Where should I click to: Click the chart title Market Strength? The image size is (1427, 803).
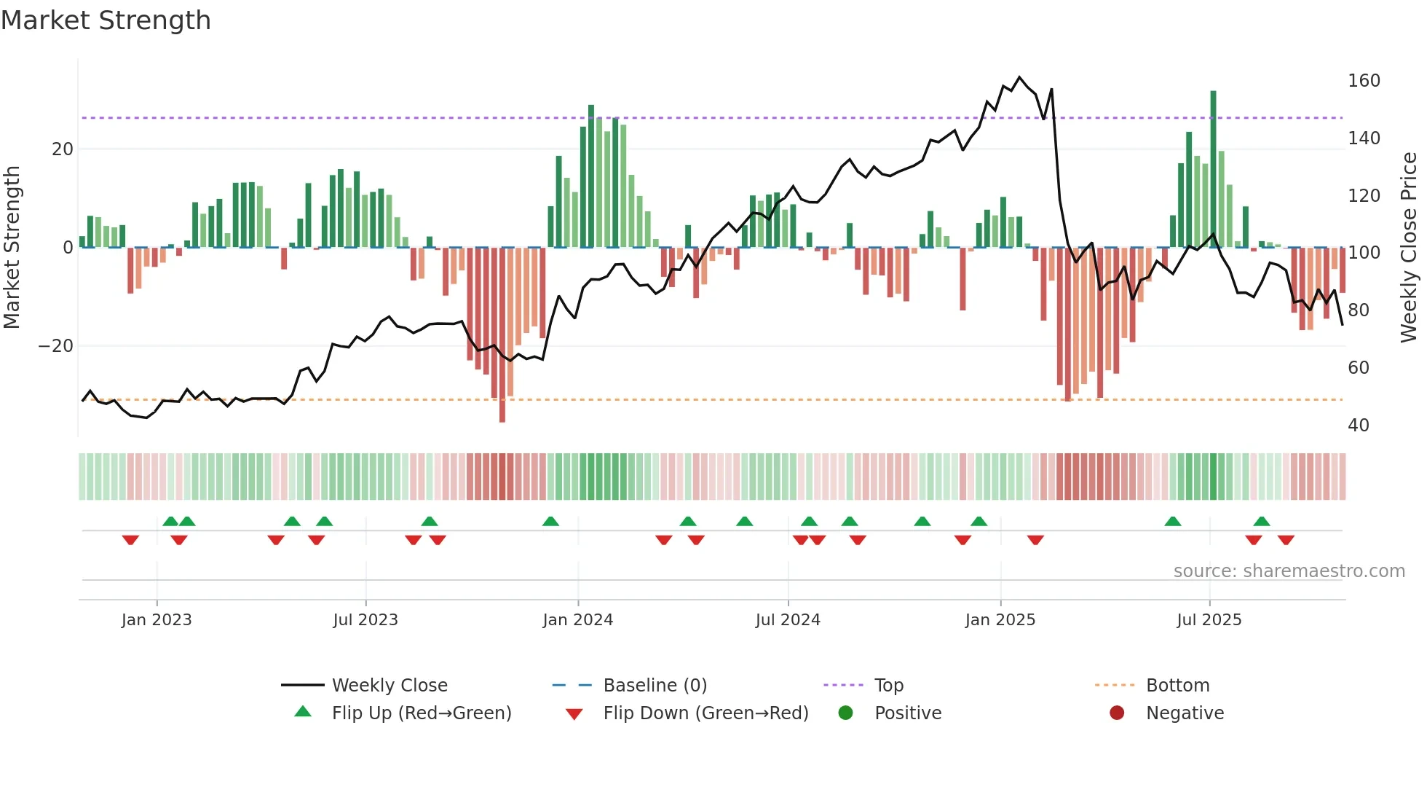106,20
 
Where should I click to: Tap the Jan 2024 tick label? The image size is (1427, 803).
577,620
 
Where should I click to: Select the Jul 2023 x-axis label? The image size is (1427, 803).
365,620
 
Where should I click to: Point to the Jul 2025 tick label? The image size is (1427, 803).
1209,620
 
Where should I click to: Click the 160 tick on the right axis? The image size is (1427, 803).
1363,81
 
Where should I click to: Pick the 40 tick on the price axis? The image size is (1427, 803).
1358,426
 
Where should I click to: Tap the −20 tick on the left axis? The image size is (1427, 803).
55,346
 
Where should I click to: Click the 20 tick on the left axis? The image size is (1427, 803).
62,149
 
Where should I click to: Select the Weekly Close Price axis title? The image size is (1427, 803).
1409,248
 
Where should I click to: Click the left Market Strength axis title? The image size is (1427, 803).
12,248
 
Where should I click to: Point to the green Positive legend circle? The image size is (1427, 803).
845,713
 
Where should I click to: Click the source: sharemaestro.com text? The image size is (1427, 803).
1289,571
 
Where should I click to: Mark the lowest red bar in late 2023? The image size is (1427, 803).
502,335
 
